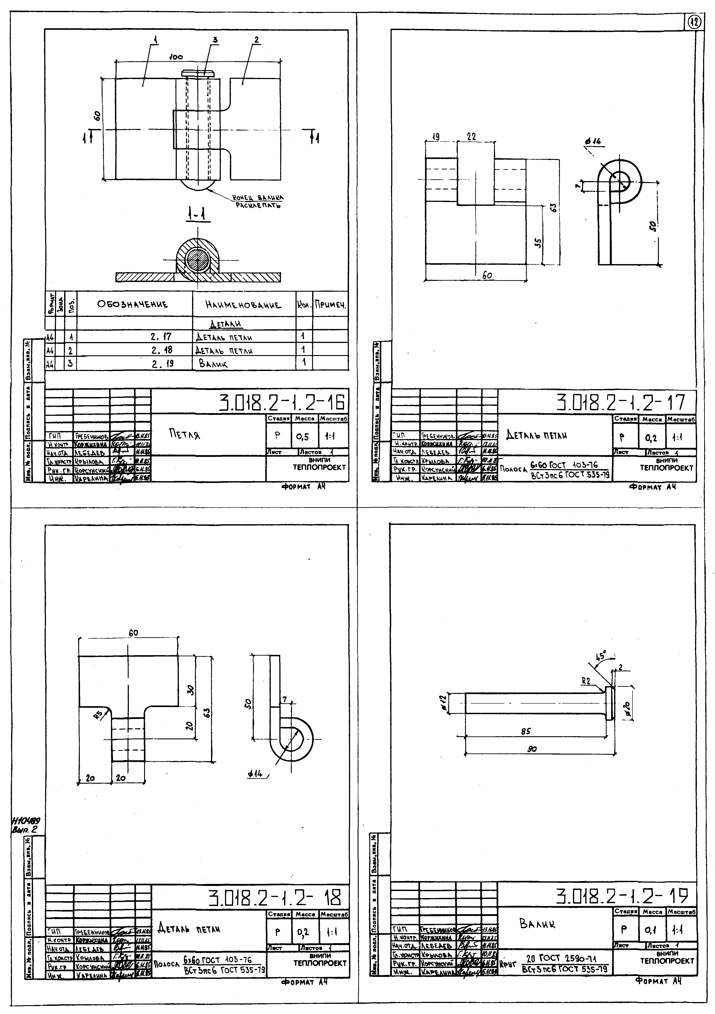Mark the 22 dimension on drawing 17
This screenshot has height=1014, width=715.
click(x=471, y=137)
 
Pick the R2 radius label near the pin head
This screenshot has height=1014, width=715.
click(x=586, y=681)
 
